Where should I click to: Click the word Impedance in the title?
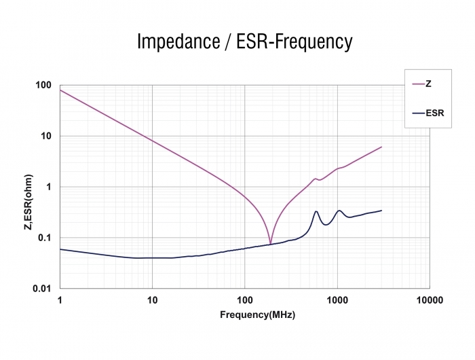178,41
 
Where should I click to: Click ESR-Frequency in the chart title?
294,41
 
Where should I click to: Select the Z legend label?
428,84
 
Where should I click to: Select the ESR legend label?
435,113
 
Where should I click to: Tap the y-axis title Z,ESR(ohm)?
28,202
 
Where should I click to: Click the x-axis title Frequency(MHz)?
257,314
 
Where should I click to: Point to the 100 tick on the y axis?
43,85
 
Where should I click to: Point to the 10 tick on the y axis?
46,136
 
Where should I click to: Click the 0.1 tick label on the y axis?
45,238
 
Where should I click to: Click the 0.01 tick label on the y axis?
42,289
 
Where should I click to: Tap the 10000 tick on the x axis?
430,300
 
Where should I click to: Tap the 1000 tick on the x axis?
337,300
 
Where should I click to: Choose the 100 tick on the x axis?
245,300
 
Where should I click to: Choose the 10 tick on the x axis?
153,300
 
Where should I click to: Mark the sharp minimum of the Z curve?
271,244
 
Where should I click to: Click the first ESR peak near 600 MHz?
316,211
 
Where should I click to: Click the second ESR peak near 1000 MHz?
339,211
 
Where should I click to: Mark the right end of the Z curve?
381,147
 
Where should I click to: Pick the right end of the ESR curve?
381,211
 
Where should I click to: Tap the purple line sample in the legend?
419,84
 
